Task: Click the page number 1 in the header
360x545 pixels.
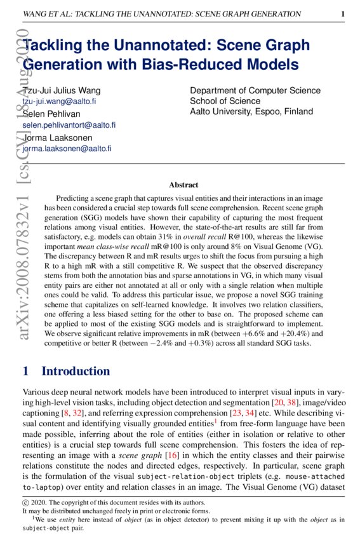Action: tap(343, 13)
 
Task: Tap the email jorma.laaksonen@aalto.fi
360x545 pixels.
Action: tap(67, 149)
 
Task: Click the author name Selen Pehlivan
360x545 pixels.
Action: tap(50, 114)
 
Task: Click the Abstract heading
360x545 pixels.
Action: tap(183, 185)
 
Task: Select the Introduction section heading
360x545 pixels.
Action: tap(75, 371)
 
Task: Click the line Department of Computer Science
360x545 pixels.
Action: tap(255, 91)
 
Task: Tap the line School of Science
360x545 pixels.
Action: tap(225, 101)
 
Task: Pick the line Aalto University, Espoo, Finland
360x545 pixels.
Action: tap(251, 111)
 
